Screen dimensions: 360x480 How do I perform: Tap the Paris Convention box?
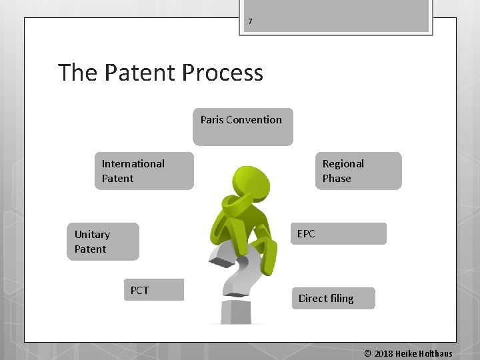pyautogui.click(x=243, y=127)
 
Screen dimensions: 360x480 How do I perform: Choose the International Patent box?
pyautogui.click(x=144, y=171)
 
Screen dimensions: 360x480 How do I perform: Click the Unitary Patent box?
pyautogui.click(x=103, y=241)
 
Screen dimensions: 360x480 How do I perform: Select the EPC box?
pyautogui.click(x=338, y=233)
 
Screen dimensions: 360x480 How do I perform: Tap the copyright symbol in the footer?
pyautogui.click(x=367, y=353)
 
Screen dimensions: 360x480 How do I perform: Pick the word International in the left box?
pyautogui.click(x=133, y=163)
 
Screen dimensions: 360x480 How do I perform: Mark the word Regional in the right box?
pyautogui.click(x=343, y=163)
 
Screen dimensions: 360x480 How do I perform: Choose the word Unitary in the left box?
pyautogui.click(x=92, y=234)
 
